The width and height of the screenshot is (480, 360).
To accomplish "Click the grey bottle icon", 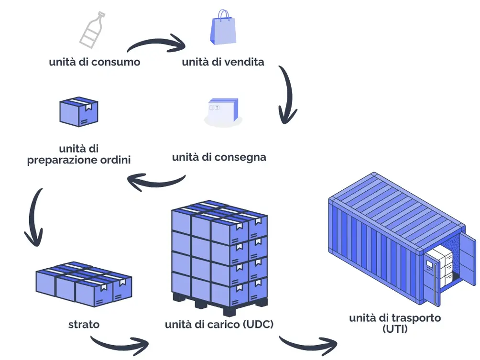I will click(x=91, y=30).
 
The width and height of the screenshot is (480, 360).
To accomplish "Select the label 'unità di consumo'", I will click(x=95, y=62).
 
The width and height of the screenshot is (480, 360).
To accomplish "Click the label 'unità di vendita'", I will click(x=223, y=62).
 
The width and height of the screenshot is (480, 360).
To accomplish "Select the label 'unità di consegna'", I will click(x=219, y=157).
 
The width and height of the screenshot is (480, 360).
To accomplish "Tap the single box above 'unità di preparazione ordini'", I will click(x=78, y=112).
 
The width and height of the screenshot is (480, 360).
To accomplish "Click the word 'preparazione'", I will click(x=61, y=160).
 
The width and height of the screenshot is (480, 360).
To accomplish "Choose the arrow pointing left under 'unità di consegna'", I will click(x=155, y=182).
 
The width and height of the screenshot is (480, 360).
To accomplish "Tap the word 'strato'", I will click(x=84, y=324).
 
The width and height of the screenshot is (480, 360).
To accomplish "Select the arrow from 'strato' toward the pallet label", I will click(x=120, y=342).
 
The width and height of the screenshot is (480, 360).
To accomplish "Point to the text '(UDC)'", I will click(x=258, y=324).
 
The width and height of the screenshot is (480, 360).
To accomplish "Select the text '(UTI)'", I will click(x=395, y=328).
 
